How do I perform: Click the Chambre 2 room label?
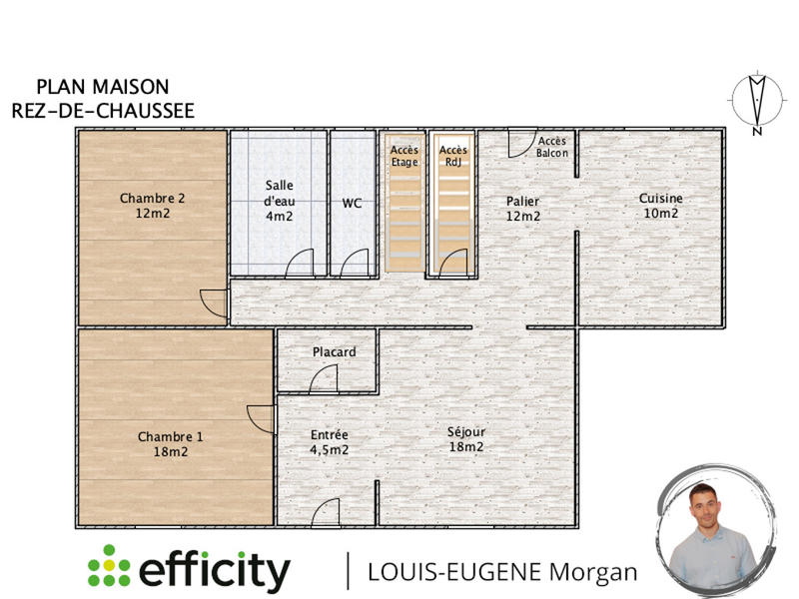coord(152,205)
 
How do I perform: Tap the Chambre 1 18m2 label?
coord(170,443)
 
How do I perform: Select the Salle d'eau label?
coord(279,200)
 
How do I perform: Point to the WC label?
coord(352,203)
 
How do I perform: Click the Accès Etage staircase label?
coord(404,156)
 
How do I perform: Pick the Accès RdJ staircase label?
coord(453,156)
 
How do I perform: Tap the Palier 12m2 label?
coord(523,208)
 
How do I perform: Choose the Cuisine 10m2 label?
coord(660,205)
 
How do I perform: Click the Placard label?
coord(334,351)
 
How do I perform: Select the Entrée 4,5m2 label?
coord(329,441)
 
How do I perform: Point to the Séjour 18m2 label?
coord(466,438)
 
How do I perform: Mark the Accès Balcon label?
coord(552,147)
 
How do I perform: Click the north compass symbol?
coord(757,101)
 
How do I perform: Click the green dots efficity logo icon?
coord(109,567)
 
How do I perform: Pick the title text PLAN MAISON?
coord(103,88)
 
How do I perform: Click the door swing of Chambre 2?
coord(213,302)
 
